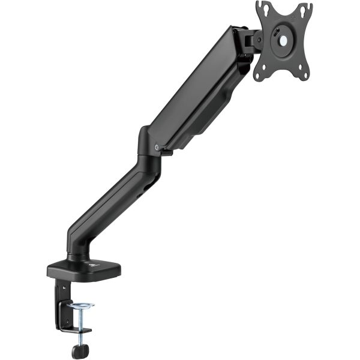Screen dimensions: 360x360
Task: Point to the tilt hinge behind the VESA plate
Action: (x=251, y=40)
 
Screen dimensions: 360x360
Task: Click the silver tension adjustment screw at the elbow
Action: (x=157, y=145)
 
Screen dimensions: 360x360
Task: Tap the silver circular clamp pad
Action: (x=81, y=307)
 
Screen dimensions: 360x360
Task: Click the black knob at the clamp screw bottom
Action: (x=78, y=352)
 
